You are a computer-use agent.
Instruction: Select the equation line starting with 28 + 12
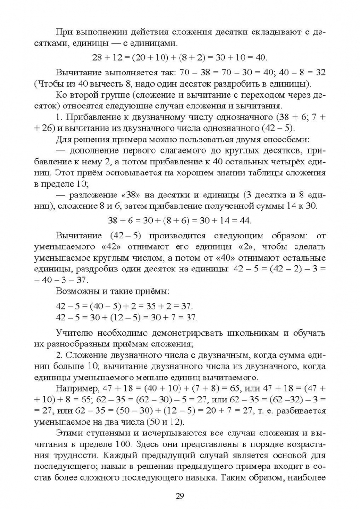[x=180, y=57]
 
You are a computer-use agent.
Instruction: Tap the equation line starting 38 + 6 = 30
[x=180, y=220]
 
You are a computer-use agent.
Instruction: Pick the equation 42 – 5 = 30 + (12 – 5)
[x=127, y=317]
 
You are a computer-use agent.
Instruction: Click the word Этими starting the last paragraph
[x=70, y=434]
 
